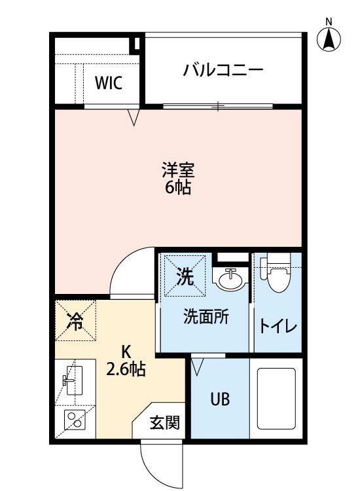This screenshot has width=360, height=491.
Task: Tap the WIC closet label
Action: [108, 83]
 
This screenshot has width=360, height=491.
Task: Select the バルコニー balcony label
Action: [223, 69]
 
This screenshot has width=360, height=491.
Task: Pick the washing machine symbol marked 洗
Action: [185, 277]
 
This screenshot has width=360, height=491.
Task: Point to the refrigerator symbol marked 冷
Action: [76, 321]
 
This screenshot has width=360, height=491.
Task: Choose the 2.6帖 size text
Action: [126, 370]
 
